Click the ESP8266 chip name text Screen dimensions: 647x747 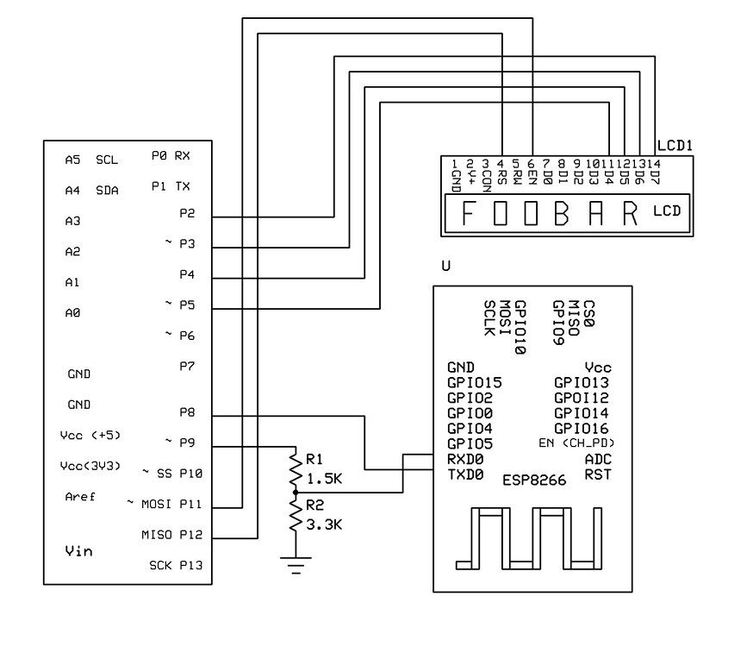(534, 481)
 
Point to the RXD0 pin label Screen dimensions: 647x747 (465, 459)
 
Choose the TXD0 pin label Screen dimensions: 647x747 (465, 474)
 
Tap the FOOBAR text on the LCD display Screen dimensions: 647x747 (549, 213)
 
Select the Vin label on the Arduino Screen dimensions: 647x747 (80, 550)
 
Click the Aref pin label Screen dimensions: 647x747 (81, 497)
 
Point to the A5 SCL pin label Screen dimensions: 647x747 (91, 160)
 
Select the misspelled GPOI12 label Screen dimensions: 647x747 (582, 398)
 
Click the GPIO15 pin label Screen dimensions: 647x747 (475, 382)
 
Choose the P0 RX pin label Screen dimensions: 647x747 (171, 156)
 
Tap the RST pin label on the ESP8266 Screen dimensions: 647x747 (598, 474)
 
